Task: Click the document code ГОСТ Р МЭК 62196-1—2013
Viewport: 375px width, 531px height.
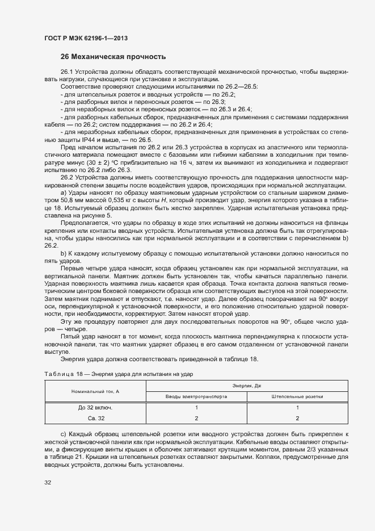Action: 85,38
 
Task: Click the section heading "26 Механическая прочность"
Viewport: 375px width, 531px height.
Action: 113,57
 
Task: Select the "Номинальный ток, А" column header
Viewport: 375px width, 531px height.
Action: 95,392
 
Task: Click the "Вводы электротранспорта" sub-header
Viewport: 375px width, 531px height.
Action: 196,396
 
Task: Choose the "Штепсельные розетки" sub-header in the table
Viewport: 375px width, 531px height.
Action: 297,396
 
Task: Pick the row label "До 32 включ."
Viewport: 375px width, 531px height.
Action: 95,408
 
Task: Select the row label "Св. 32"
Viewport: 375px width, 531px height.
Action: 95,419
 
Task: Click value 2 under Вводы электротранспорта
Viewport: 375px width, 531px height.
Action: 196,419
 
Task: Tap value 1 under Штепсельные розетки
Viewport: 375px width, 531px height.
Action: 297,408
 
